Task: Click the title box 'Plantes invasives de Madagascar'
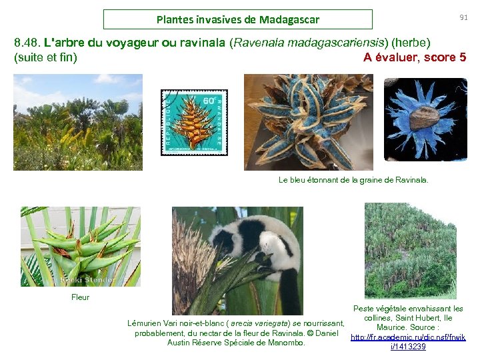click(x=238, y=19)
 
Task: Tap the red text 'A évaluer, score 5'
click(x=415, y=57)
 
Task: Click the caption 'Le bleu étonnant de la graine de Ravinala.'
click(x=353, y=180)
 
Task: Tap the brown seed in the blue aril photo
click(x=424, y=118)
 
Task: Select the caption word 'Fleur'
click(x=80, y=297)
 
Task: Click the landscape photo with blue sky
click(x=77, y=121)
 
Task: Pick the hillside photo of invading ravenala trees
click(x=410, y=250)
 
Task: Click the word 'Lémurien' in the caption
click(x=145, y=323)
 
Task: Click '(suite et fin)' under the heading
click(x=45, y=57)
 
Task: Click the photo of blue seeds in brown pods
click(x=309, y=121)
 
